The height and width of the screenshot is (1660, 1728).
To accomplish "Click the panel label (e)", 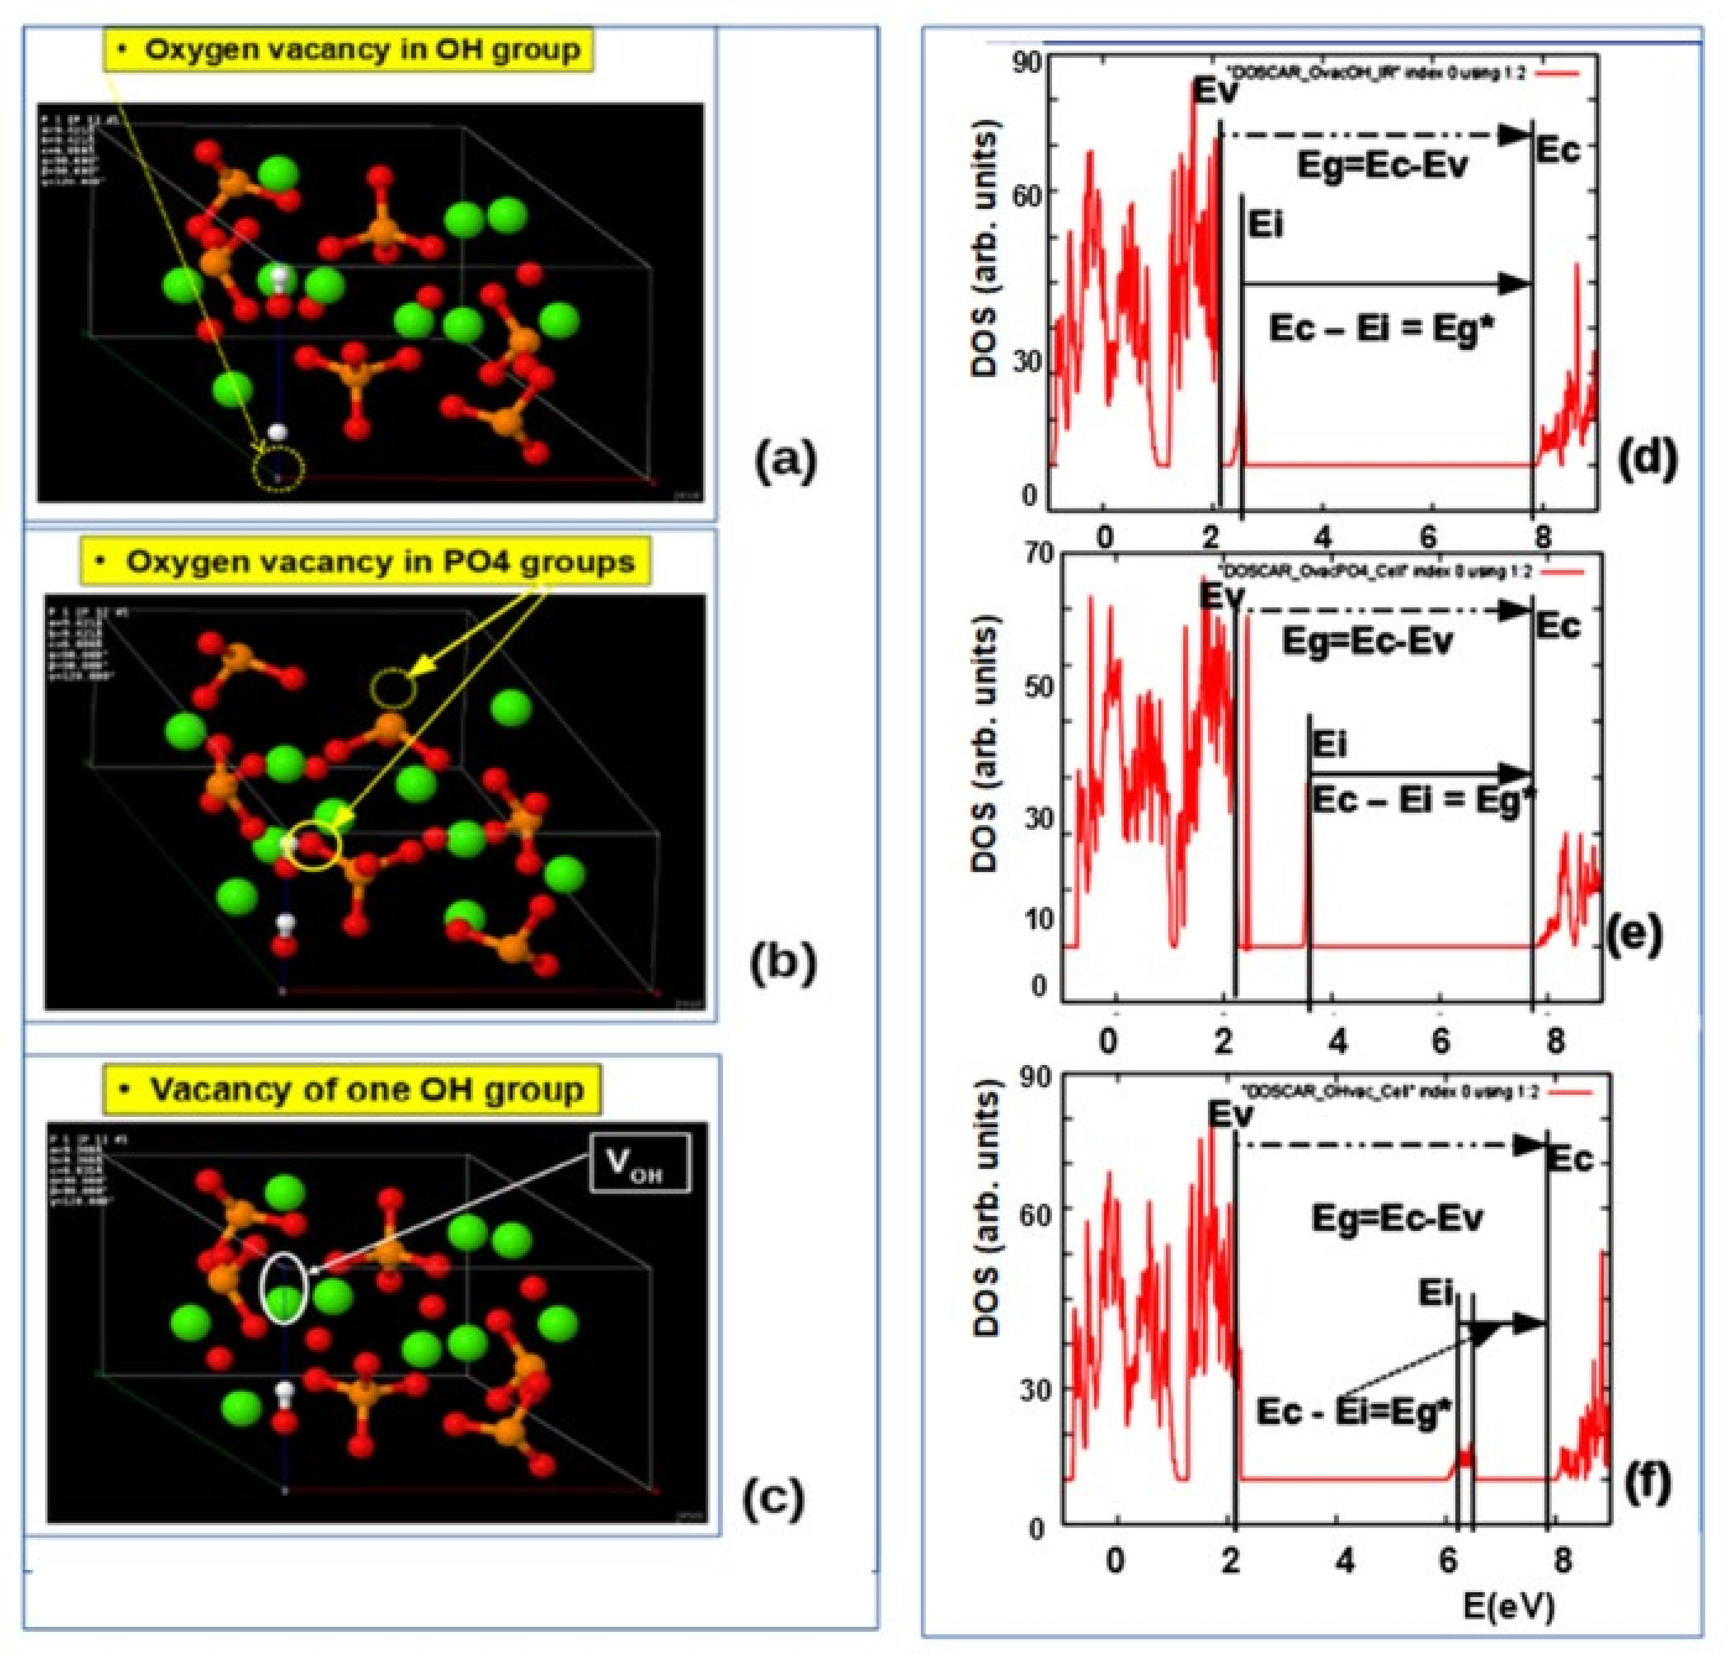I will tap(1633, 934).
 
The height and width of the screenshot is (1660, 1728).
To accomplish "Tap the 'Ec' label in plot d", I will tap(1559, 151).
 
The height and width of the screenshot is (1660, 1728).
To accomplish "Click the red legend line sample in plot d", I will tap(1556, 74).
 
